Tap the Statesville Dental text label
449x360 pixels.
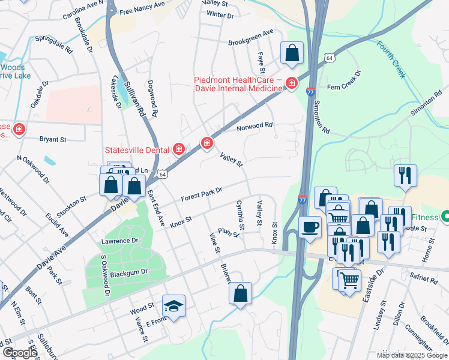point(137,150)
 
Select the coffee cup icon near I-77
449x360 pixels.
point(310,227)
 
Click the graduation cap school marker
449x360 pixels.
point(173,306)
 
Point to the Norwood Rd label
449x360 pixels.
point(255,127)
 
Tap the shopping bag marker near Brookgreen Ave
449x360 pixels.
point(292,53)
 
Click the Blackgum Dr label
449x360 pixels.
point(128,272)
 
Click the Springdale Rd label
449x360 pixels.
point(53,44)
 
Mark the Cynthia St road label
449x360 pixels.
point(240,215)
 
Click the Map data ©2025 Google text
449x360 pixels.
point(411,355)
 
